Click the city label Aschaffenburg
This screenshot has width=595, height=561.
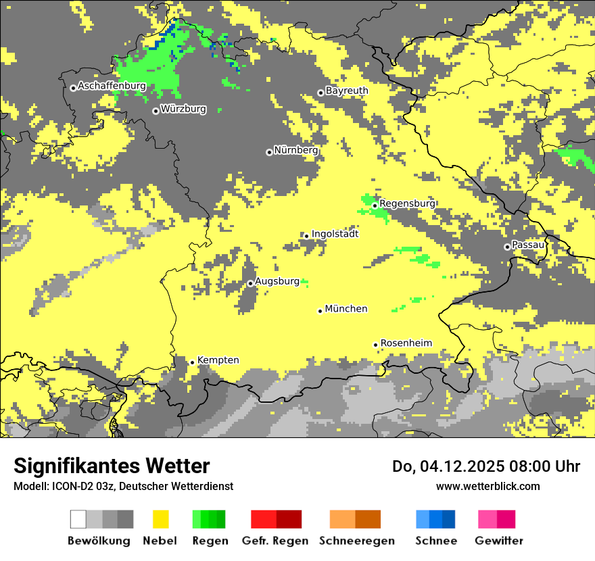pyautogui.click(x=112, y=87)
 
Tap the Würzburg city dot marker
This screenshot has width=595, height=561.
pyautogui.click(x=156, y=111)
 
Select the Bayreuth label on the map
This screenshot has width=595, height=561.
pyautogui.click(x=347, y=91)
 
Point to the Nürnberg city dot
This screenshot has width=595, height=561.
pyautogui.click(x=269, y=152)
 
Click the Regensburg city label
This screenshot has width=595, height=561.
pyautogui.click(x=407, y=203)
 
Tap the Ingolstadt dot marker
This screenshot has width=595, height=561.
pyautogui.click(x=306, y=236)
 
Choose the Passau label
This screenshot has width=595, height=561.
pyautogui.click(x=528, y=245)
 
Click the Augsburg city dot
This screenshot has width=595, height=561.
pyautogui.click(x=250, y=283)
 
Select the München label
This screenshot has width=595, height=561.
pyautogui.click(x=346, y=309)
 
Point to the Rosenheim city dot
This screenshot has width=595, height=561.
pyautogui.click(x=375, y=345)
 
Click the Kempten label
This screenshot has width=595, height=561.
pyautogui.click(x=218, y=360)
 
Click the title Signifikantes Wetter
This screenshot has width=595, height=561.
pyautogui.click(x=112, y=466)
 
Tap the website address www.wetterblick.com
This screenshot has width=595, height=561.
pyautogui.click(x=487, y=486)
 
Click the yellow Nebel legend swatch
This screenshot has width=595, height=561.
pyautogui.click(x=160, y=519)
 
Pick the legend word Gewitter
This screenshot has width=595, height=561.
pyautogui.click(x=499, y=541)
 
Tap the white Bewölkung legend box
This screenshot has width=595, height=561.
pyautogui.click(x=78, y=519)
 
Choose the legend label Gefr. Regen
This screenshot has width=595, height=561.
pyautogui.click(x=275, y=541)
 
